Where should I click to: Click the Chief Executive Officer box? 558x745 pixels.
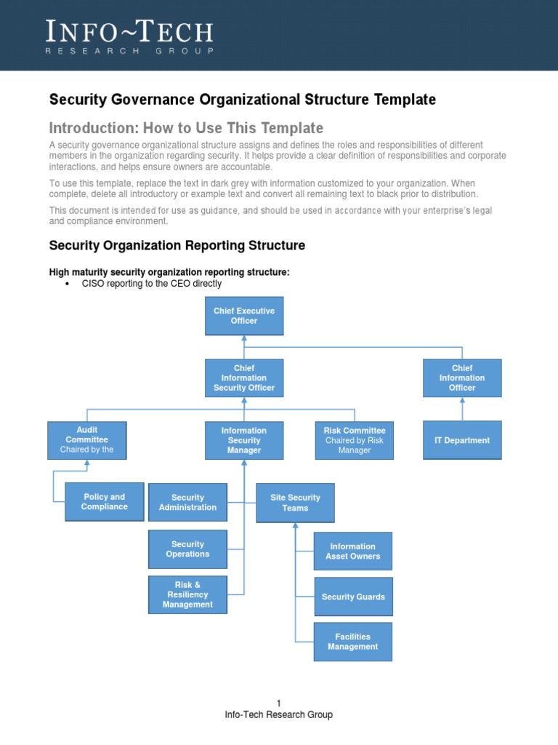coord(244,316)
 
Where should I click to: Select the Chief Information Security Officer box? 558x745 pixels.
coord(244,378)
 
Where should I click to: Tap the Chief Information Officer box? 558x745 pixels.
coord(462,378)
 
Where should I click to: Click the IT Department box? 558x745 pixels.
coord(462,440)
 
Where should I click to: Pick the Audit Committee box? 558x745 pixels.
coord(86,440)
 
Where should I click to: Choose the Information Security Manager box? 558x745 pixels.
coord(244,440)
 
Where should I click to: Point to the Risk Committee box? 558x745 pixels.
coord(354,440)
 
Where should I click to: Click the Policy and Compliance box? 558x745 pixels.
coord(104,502)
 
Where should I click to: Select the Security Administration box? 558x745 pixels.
coord(187,503)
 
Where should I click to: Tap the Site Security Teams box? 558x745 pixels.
coord(295,503)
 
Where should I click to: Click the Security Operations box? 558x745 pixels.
coord(187,549)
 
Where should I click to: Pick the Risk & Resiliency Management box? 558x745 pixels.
coord(187,594)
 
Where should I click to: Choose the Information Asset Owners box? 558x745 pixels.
coord(352,551)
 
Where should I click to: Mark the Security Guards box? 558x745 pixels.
coord(353,597)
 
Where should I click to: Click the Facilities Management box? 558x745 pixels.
coord(352,642)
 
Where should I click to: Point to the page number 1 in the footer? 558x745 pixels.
coord(278,703)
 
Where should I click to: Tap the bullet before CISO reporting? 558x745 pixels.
coord(67,284)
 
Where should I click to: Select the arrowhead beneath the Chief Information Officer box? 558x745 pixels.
coord(462,401)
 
